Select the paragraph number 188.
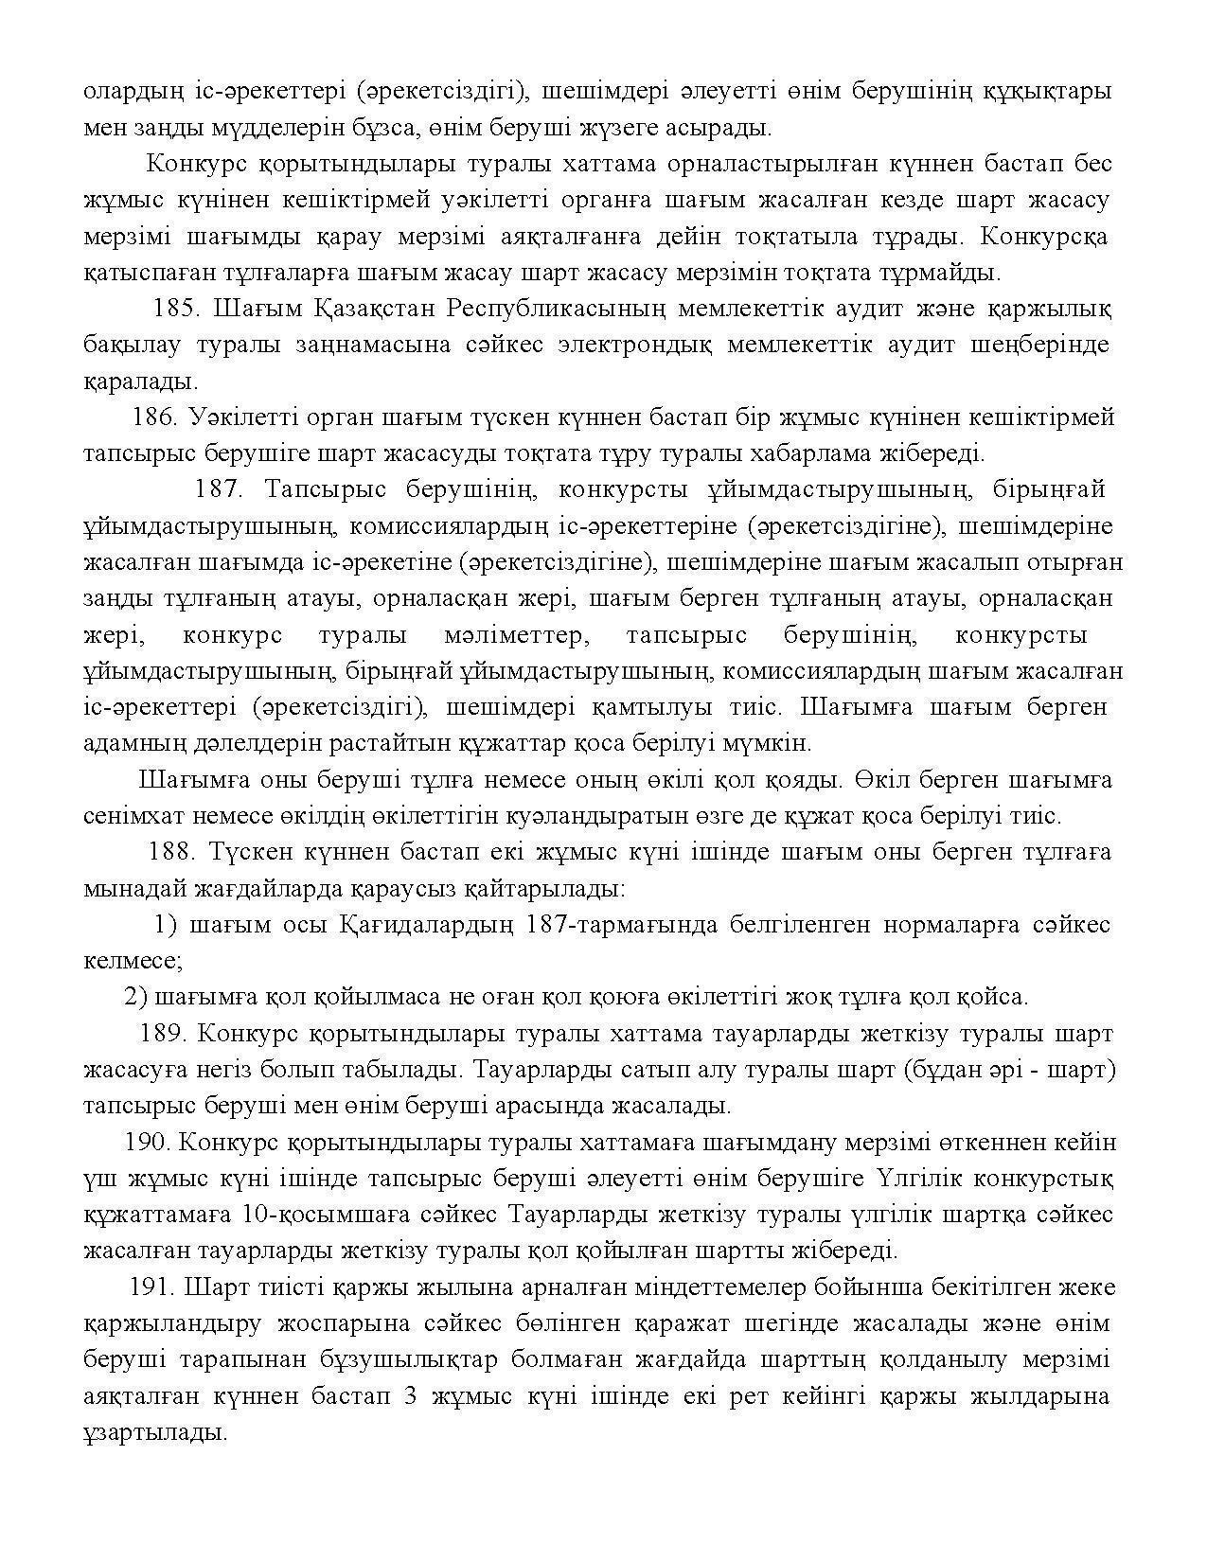tap(171, 852)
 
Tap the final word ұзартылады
tap(154, 1433)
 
